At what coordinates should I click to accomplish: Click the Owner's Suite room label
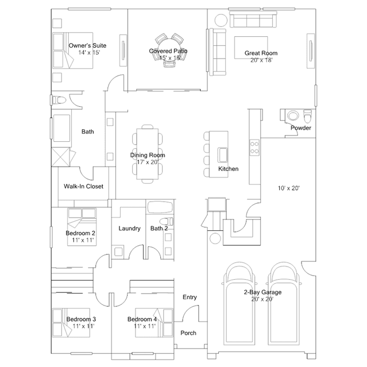click(87, 45)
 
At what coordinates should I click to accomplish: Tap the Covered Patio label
click(168, 51)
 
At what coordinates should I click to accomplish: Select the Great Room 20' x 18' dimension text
click(261, 60)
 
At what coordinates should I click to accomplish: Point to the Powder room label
click(301, 128)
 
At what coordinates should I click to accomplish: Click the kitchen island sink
click(223, 155)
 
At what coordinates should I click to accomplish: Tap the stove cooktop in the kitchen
click(254, 147)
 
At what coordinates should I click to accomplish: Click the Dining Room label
click(148, 155)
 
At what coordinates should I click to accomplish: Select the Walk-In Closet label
click(83, 186)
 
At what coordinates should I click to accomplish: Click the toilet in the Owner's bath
click(59, 101)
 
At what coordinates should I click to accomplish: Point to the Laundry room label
click(129, 229)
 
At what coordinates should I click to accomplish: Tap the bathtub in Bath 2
click(160, 207)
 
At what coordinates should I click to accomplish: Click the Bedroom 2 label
click(80, 233)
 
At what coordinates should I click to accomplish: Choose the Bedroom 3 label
click(81, 319)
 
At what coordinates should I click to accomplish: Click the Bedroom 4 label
click(142, 319)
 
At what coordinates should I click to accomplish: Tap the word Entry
click(190, 298)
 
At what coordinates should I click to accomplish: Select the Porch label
click(188, 333)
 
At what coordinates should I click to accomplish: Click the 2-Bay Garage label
click(262, 292)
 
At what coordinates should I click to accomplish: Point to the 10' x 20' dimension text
click(289, 188)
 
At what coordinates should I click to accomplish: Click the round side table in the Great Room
click(221, 21)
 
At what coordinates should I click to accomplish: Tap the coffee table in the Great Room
click(251, 48)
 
